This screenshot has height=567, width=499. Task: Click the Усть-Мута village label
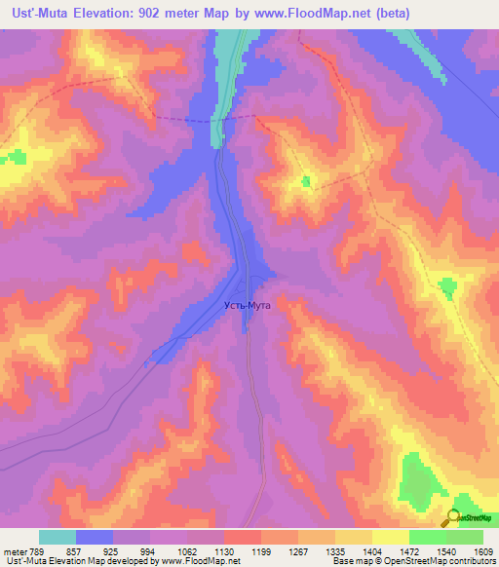pos(246,305)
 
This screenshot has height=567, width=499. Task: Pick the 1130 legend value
pos(224,550)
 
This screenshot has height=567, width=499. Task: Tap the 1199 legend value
pos(261,550)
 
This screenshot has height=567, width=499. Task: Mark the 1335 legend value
pos(335,550)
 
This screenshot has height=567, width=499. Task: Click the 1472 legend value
pos(409,550)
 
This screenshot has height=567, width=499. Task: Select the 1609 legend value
pos(483,550)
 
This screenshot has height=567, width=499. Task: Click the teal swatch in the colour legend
pos(58,537)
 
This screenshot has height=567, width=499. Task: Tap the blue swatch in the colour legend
pos(95,537)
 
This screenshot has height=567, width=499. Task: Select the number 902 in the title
pos(152,14)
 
